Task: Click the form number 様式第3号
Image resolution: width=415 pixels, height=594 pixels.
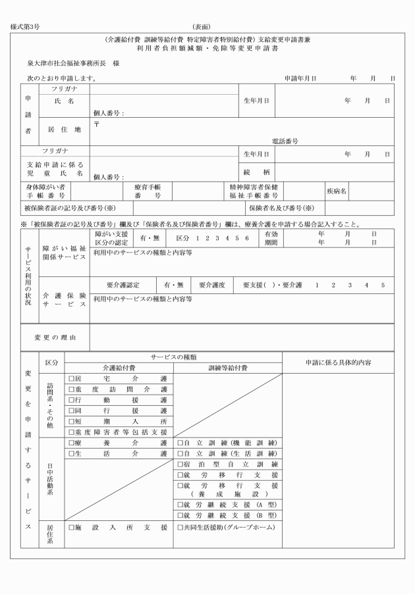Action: [x=25, y=27]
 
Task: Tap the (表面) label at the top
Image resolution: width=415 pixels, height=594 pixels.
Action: [x=201, y=27]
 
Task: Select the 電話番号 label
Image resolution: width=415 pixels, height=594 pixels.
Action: [x=285, y=141]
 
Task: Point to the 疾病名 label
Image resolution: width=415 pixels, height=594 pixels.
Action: [x=337, y=191]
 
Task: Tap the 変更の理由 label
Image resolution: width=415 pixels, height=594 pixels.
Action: [x=55, y=337]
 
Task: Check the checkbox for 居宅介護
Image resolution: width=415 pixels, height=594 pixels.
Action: [x=71, y=379]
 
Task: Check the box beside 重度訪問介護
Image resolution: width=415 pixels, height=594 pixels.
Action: [x=71, y=389]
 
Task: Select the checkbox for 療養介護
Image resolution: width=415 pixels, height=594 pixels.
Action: [x=71, y=443]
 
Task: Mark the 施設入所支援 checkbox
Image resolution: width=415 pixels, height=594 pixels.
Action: [x=71, y=528]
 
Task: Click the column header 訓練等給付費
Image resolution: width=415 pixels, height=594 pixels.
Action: [x=227, y=368]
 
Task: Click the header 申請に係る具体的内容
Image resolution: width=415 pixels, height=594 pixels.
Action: [x=339, y=362]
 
